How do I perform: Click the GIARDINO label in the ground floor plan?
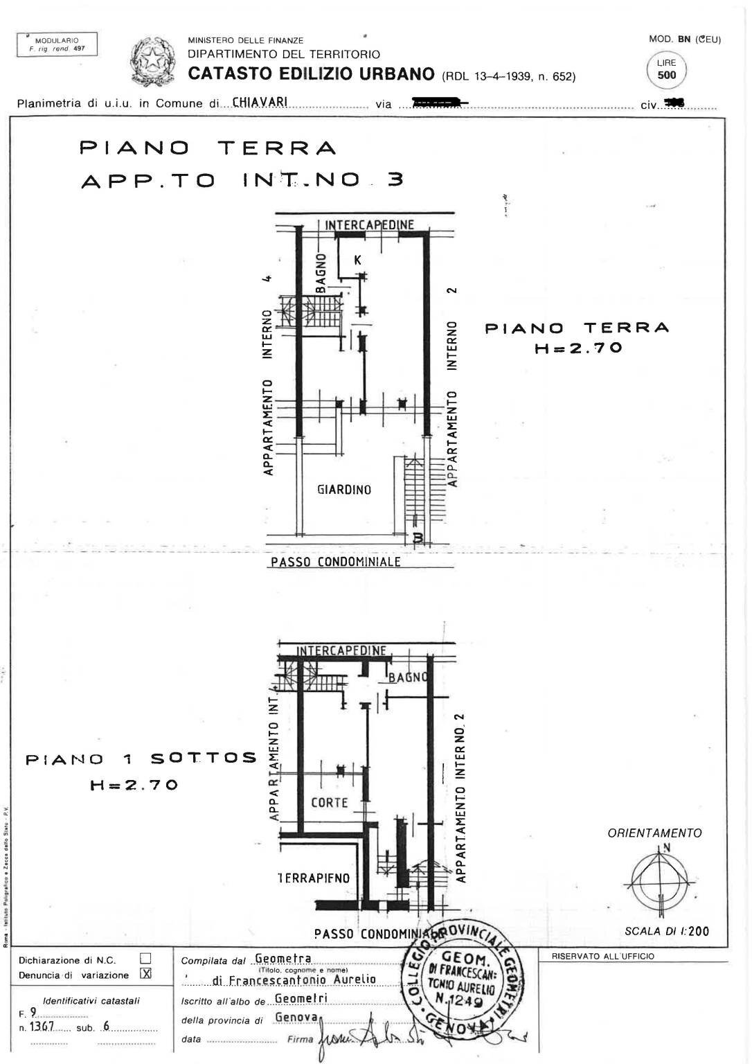point(344,490)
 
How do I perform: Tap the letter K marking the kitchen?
point(357,260)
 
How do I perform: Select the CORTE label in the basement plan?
point(330,803)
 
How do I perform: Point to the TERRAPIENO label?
point(314,878)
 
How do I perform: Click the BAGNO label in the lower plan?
point(409,677)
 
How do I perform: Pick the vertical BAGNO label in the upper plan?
point(321,274)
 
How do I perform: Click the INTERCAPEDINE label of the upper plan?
point(369,224)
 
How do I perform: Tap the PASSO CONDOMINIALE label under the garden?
point(335,562)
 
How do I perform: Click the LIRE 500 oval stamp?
point(666,69)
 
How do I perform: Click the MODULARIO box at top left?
point(57,44)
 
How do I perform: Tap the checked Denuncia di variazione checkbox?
point(145,974)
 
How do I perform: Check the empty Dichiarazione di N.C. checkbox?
point(145,959)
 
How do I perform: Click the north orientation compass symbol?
point(661,878)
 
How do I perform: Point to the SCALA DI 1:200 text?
point(666,931)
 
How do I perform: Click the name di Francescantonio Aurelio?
point(294,979)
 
